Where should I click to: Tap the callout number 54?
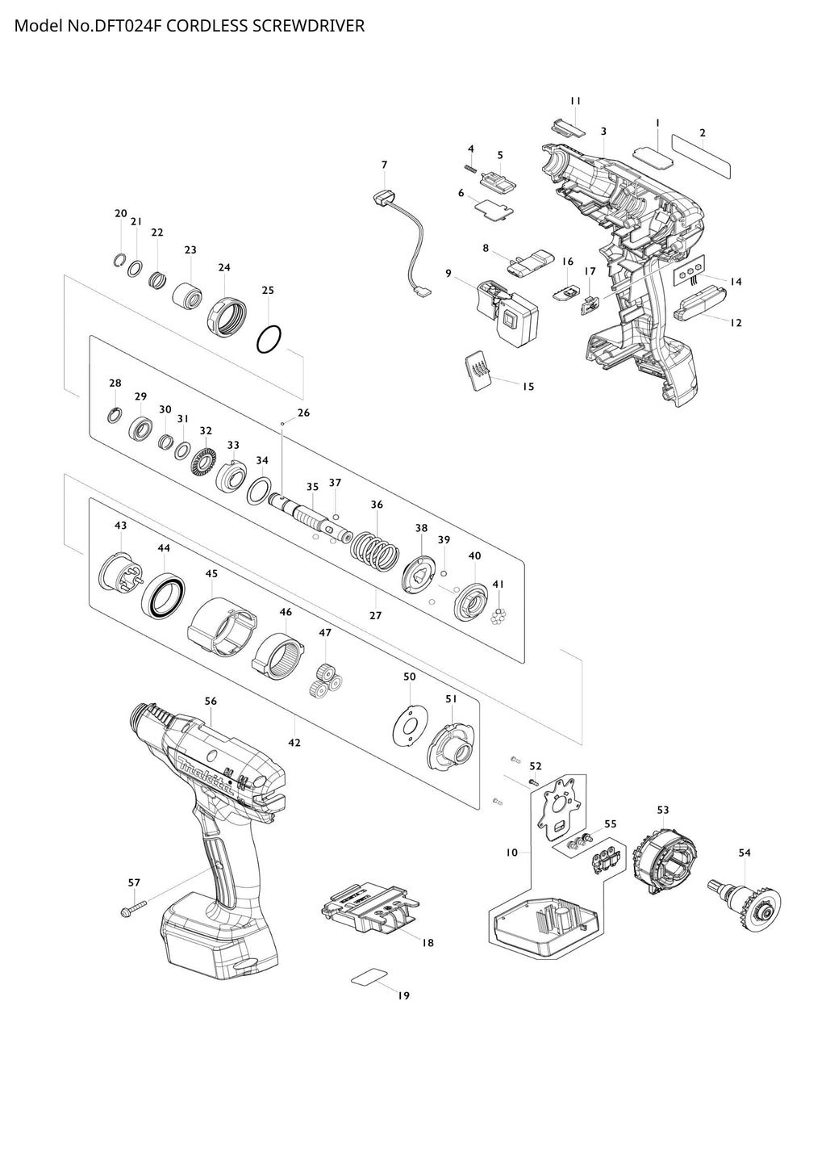[744, 853]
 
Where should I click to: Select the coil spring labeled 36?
[375, 550]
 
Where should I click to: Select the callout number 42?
[294, 742]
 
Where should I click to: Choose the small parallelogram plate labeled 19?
[370, 977]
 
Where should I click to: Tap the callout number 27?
[375, 615]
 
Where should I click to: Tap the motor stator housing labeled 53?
[665, 857]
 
